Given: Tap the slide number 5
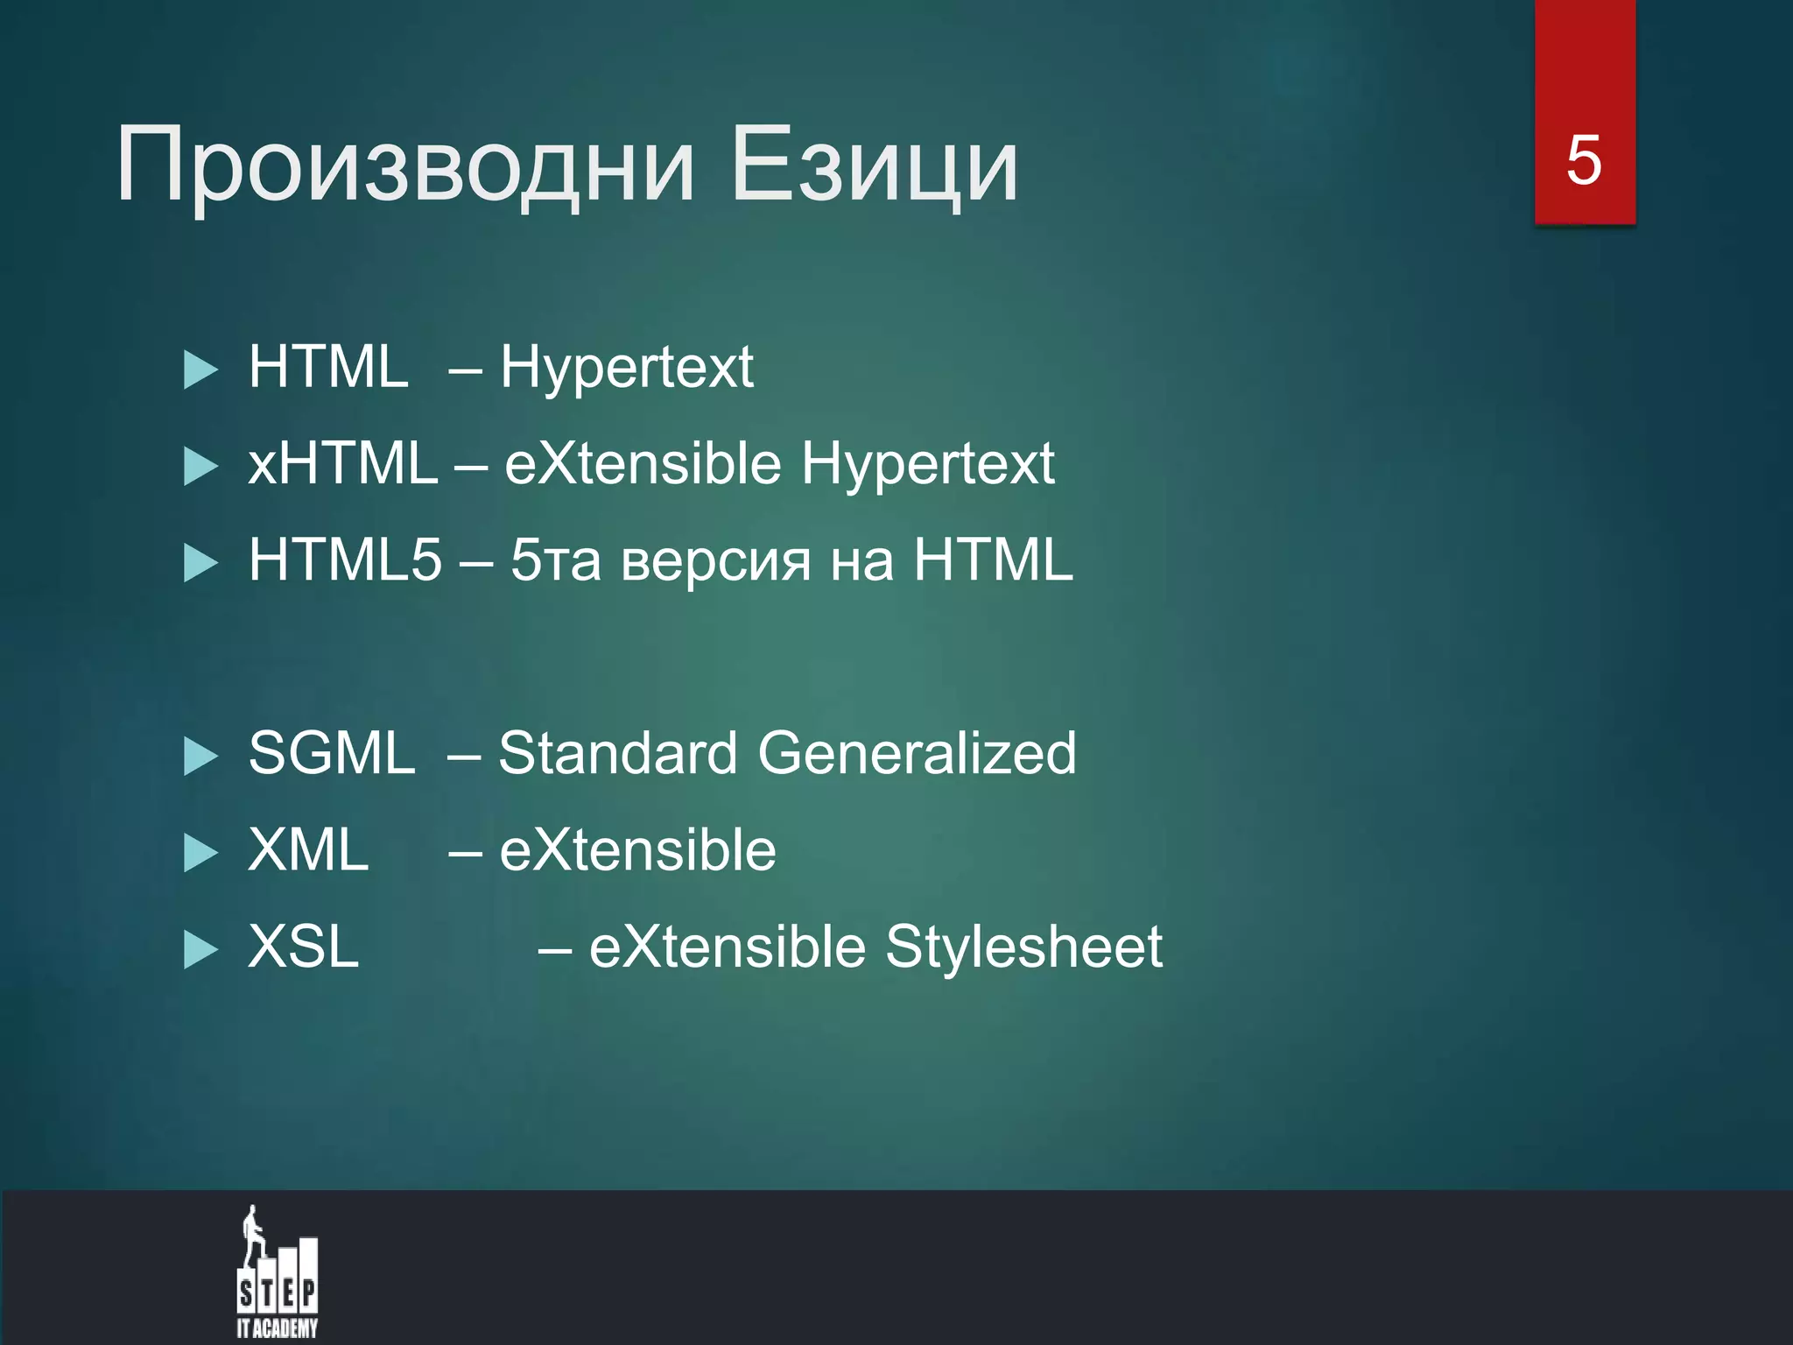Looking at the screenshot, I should pyautogui.click(x=1584, y=161).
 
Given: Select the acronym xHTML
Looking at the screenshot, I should pyautogui.click(x=342, y=463).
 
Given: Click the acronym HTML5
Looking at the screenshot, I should pyautogui.click(x=345, y=560).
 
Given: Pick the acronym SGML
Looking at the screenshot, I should pyautogui.click(x=332, y=753).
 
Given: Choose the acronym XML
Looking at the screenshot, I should pyautogui.click(x=308, y=850).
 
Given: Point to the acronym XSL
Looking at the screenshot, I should pyautogui.click(x=304, y=947).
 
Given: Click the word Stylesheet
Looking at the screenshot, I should pyautogui.click(x=1023, y=947).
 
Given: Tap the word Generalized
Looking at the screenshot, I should pyautogui.click(x=917, y=753).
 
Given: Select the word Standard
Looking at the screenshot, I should pyautogui.click(x=618, y=753).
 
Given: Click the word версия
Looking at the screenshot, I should pyautogui.click(x=715, y=561).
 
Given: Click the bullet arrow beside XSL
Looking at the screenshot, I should pyautogui.click(x=200, y=949).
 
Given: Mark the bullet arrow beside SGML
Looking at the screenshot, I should pyautogui.click(x=200, y=756).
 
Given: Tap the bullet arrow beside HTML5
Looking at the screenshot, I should pyautogui.click(x=200, y=562).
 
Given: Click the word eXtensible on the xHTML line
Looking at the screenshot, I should pyautogui.click(x=643, y=463).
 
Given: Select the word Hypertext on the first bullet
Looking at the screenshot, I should pyautogui.click(x=627, y=368).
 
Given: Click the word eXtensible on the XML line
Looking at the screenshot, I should pyautogui.click(x=637, y=850).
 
